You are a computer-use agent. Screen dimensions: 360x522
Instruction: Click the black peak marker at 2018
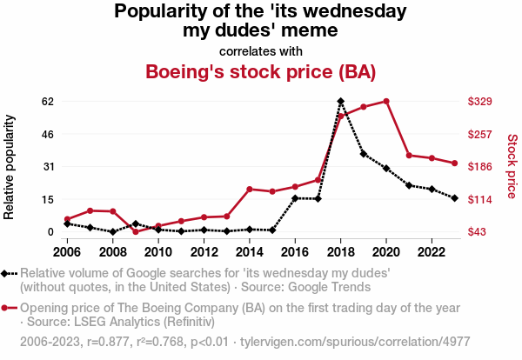tap(340, 101)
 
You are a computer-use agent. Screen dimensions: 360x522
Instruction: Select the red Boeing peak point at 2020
tap(386, 101)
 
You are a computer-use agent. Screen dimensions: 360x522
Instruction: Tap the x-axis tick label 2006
tap(67, 252)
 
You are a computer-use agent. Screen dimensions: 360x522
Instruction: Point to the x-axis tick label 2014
tap(249, 252)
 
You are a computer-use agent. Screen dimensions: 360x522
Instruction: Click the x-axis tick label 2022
tap(432, 252)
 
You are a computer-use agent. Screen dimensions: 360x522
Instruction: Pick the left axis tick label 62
tap(48, 102)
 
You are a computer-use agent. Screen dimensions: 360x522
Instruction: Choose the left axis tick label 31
tap(48, 167)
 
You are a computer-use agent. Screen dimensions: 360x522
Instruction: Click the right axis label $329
tap(481, 102)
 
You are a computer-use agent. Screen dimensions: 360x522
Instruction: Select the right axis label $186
tap(481, 167)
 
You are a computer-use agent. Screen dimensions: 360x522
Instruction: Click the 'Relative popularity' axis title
tap(11, 166)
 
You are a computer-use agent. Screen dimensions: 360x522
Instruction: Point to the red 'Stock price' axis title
tap(512, 165)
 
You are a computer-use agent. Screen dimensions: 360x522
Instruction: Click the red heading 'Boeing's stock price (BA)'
tap(260, 71)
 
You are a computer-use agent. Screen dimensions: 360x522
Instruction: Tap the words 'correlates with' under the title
tap(260, 50)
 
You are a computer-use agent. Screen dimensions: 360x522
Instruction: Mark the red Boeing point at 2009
tap(136, 231)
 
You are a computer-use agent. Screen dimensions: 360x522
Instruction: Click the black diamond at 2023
tap(454, 198)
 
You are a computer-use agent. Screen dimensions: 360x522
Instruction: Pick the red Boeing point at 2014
tap(249, 189)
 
